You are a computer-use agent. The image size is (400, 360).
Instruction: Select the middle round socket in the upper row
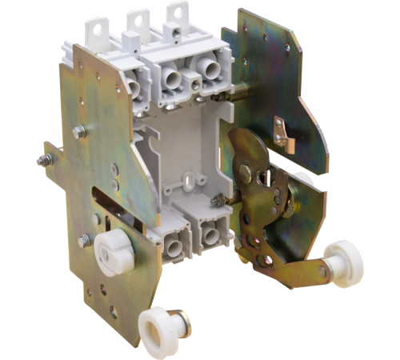[172, 79]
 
